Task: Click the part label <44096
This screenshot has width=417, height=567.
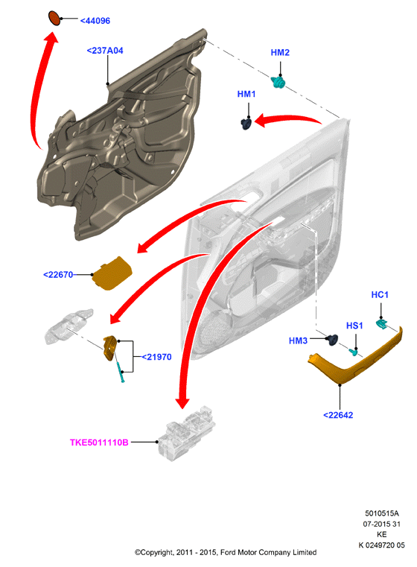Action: (95, 21)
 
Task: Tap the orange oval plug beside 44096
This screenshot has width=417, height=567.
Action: (54, 18)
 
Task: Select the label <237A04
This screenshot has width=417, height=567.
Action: (105, 51)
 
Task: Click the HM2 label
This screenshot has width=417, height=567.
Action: (280, 52)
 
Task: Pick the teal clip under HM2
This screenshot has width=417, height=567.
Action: (278, 83)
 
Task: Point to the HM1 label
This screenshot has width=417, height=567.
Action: (246, 94)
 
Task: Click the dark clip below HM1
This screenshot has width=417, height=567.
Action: (246, 124)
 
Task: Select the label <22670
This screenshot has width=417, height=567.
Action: (58, 275)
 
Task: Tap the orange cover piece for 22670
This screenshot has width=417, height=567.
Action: (112, 273)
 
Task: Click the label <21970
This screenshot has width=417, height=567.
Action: (156, 357)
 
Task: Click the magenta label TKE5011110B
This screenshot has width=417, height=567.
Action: (99, 443)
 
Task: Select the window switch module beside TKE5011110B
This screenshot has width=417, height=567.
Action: (186, 433)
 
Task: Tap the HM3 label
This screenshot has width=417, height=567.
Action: (298, 340)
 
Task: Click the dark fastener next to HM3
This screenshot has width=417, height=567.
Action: (332, 340)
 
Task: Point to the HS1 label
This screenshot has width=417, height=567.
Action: (354, 326)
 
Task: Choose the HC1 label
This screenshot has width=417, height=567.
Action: (380, 295)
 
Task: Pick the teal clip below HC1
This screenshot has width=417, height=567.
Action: (381, 323)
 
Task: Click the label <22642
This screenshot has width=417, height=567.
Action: (338, 415)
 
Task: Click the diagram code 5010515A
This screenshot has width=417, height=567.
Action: (382, 513)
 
